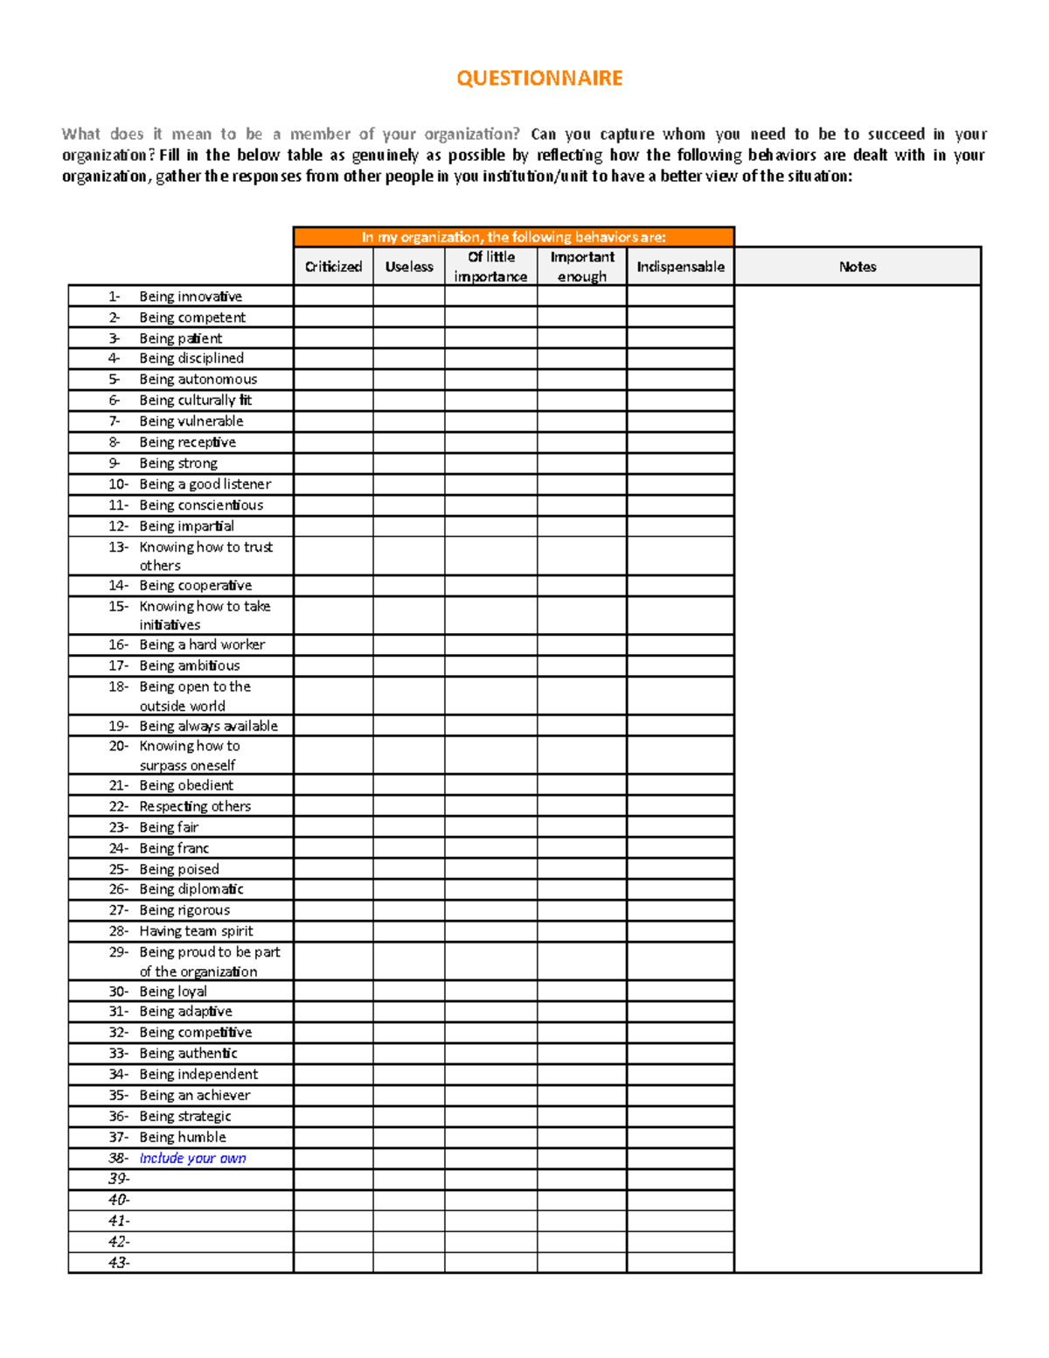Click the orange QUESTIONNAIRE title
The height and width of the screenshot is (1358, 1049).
pos(539,79)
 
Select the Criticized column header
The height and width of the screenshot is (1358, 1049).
pos(333,267)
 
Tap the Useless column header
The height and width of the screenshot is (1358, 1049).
pos(409,267)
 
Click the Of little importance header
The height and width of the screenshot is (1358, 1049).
pos(490,267)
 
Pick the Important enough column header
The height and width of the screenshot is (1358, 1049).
pos(582,267)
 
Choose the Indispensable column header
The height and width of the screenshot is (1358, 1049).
pos(680,267)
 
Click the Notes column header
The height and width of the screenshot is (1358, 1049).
pos(858,267)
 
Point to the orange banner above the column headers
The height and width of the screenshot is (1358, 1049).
pos(514,237)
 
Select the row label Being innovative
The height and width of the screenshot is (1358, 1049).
pos(191,296)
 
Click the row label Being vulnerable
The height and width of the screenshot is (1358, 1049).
pos(191,421)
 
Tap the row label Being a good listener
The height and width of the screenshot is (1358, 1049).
pos(205,484)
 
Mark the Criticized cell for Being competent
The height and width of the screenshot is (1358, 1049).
pos(333,317)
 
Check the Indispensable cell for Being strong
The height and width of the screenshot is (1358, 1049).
pos(680,463)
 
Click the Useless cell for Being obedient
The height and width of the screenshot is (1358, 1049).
pos(409,785)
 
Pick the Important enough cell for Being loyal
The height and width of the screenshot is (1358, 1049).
pos(582,992)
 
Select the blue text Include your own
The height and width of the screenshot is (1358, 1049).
pos(193,1159)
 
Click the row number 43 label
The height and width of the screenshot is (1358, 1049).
pos(119,1263)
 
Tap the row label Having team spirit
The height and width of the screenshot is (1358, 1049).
pos(197,931)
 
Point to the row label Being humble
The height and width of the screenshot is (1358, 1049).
pos(183,1138)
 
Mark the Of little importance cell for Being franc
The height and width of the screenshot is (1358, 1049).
pos(490,848)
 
